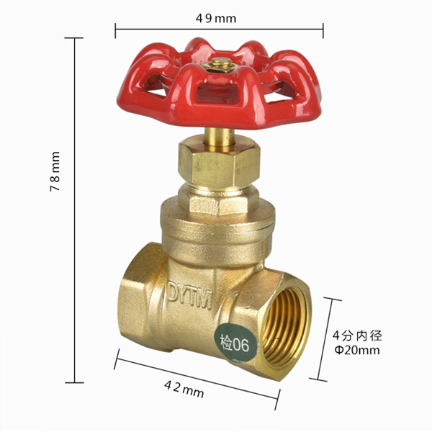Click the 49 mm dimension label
[x=216, y=19]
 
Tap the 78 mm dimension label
[x=55, y=171]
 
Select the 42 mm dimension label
[x=184, y=390]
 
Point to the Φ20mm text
[x=357, y=350]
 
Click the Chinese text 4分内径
[x=357, y=336]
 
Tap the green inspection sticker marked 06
[x=236, y=343]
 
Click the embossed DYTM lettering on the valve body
[x=190, y=295]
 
